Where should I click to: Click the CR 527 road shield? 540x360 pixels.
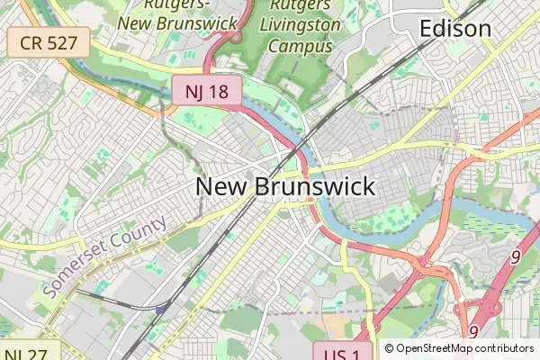click(x=48, y=40)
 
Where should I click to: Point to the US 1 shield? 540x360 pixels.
click(x=342, y=354)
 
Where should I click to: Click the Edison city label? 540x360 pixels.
click(x=455, y=29)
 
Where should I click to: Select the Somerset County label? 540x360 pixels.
click(x=104, y=257)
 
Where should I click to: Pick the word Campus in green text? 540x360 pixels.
click(x=296, y=46)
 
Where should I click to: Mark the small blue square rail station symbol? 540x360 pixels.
click(x=161, y=310)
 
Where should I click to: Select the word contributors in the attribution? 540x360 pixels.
click(x=508, y=348)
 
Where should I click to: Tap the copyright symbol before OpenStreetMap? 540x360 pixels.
click(x=389, y=348)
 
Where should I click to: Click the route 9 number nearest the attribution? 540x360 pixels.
click(x=473, y=332)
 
